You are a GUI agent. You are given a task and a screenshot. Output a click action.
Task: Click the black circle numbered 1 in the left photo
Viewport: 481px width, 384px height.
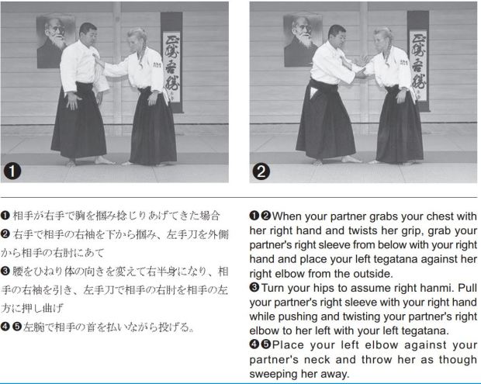[x=12, y=171]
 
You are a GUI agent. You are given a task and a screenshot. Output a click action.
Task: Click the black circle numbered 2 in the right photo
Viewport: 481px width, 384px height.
[x=261, y=171]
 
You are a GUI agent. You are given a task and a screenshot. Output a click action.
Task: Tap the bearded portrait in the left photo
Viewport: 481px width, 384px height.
[x=55, y=41]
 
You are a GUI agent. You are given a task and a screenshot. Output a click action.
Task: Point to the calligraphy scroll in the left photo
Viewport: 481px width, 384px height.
[x=171, y=62]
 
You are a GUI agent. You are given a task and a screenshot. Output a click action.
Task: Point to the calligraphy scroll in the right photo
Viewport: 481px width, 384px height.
[x=418, y=61]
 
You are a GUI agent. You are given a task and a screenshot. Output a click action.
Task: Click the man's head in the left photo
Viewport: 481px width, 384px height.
[x=88, y=33]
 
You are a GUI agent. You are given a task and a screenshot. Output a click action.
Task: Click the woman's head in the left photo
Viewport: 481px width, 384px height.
[x=137, y=40]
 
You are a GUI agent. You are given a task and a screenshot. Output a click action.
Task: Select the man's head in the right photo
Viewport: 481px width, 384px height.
[x=337, y=35]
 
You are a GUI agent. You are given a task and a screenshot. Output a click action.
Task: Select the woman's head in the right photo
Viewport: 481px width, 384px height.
[x=382, y=40]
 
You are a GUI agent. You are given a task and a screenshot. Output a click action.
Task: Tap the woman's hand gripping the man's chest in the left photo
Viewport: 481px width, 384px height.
[x=98, y=60]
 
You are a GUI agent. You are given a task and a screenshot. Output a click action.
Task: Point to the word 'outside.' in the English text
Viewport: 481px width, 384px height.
[x=372, y=273]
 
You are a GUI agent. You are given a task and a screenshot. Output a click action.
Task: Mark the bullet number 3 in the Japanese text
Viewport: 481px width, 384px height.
[x=5, y=272]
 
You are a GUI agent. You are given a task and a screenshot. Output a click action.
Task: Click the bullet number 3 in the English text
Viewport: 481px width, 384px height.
[x=254, y=287]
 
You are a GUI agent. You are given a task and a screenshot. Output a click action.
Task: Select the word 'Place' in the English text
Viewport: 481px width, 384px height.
[x=288, y=344]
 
